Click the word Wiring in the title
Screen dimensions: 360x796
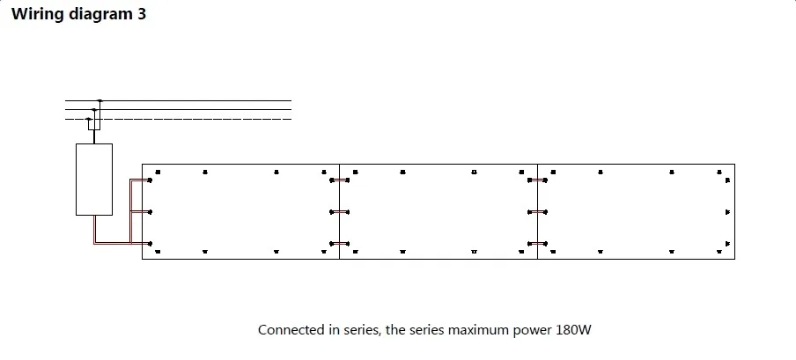pyautogui.click(x=35, y=14)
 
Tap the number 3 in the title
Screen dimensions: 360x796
pyautogui.click(x=142, y=14)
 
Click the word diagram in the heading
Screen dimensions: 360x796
pyautogui.click(x=99, y=15)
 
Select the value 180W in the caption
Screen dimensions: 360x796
pyautogui.click(x=573, y=331)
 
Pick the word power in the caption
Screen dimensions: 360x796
pyautogui.click(x=531, y=331)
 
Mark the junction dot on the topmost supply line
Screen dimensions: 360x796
pyautogui.click(x=99, y=100)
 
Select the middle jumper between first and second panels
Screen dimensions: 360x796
pyautogui.click(x=339, y=211)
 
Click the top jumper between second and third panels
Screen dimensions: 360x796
pyautogui.click(x=537, y=180)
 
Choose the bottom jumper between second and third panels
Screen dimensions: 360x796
pyautogui.click(x=537, y=243)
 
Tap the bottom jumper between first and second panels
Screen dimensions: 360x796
pyautogui.click(x=339, y=243)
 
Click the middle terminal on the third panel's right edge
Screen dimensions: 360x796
pyautogui.click(x=727, y=211)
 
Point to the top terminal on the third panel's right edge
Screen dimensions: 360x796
pyautogui.click(x=727, y=180)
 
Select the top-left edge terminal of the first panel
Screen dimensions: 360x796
pyautogui.click(x=151, y=180)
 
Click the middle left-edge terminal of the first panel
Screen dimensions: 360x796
pyautogui.click(x=151, y=211)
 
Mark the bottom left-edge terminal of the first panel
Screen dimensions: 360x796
pyautogui.click(x=151, y=243)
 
